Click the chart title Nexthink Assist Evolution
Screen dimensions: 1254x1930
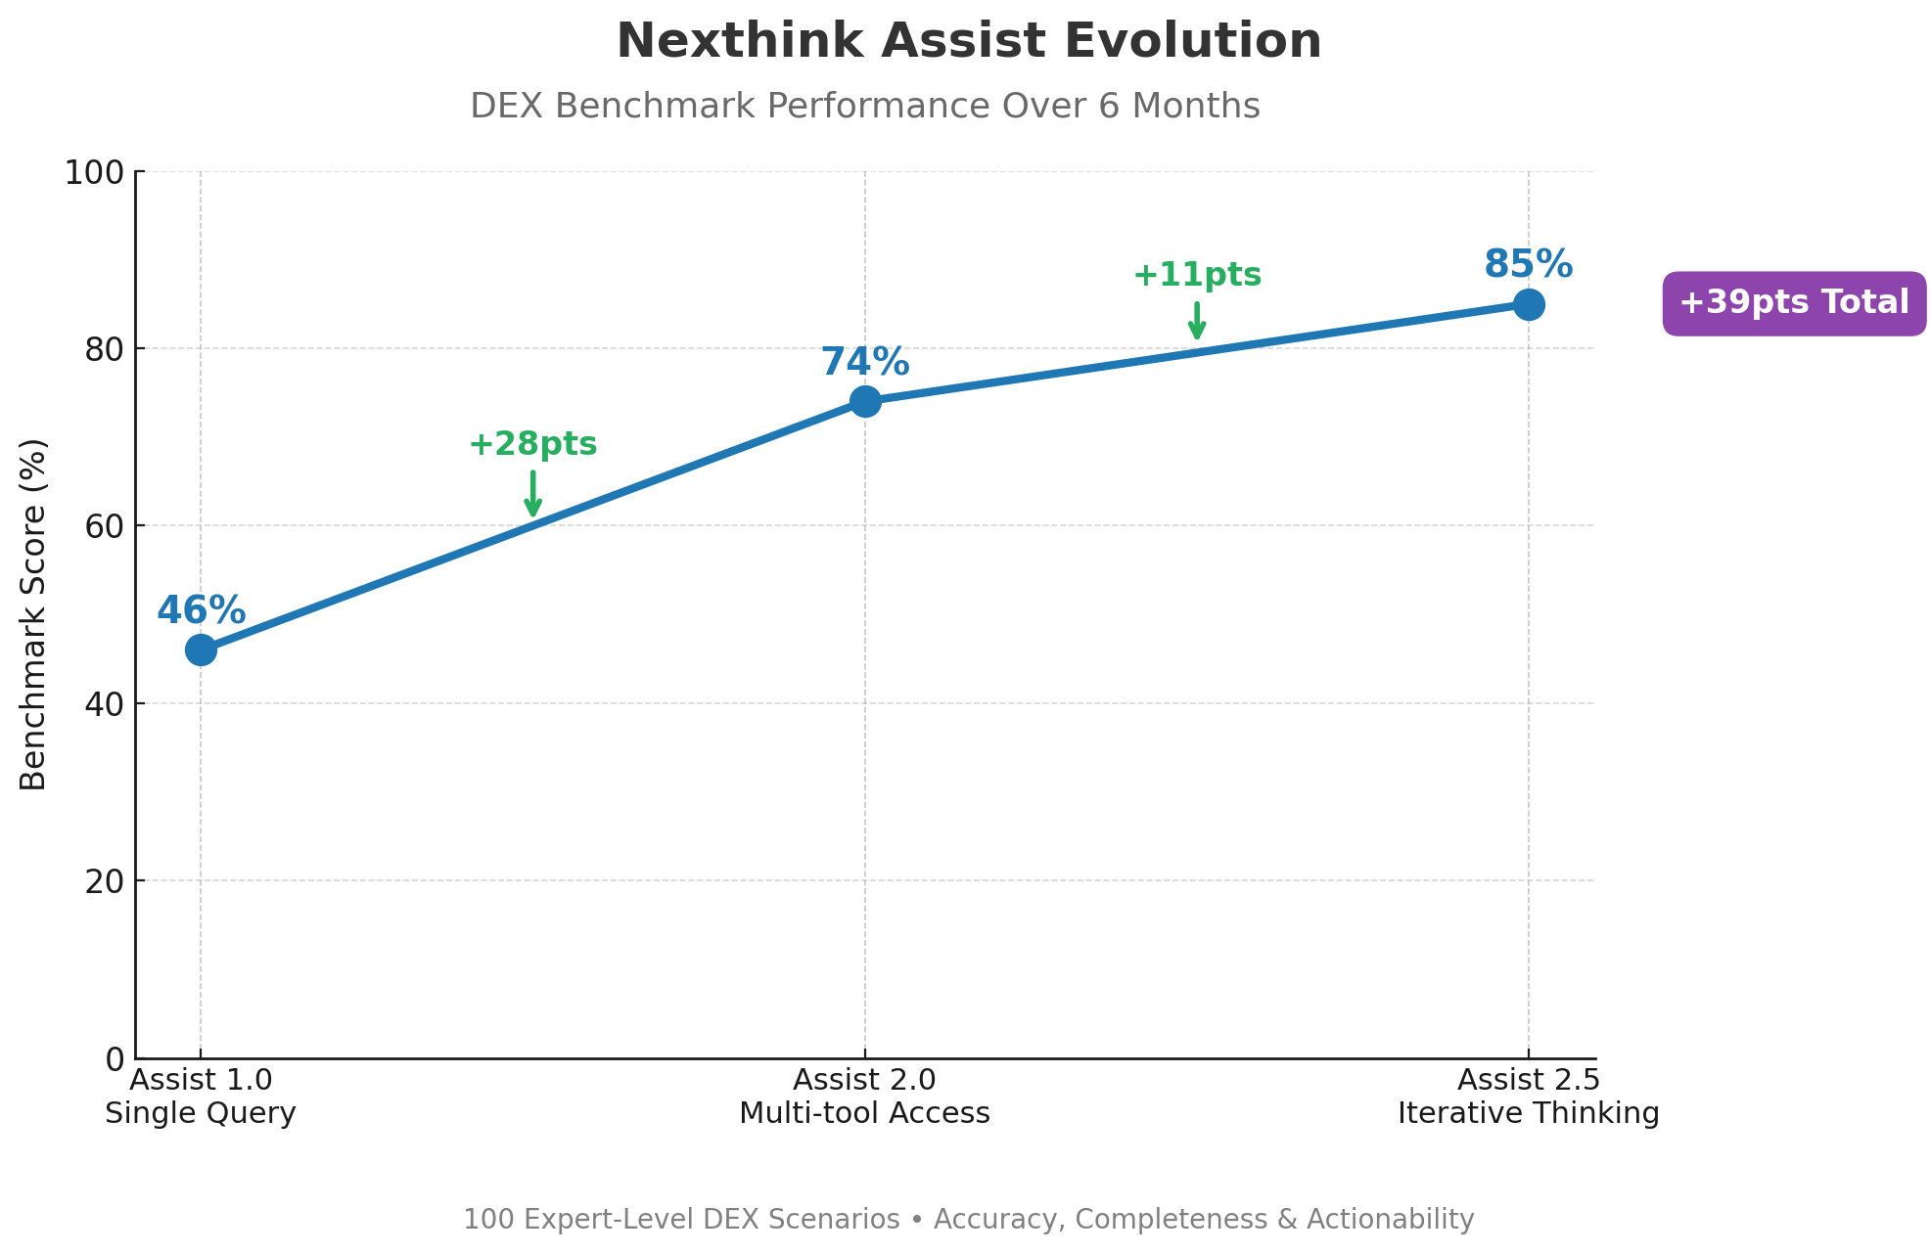[x=968, y=42]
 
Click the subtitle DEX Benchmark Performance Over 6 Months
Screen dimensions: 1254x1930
[x=864, y=106]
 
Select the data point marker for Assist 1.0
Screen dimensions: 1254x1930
[x=201, y=649]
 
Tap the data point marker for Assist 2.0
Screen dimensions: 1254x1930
[x=864, y=401]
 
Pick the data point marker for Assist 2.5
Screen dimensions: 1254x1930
[x=1529, y=304]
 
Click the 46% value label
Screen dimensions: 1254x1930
[x=201, y=611]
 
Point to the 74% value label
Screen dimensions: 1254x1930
[x=864, y=363]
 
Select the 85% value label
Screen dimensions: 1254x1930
[x=1528, y=265]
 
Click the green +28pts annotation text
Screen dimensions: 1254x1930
[x=532, y=444]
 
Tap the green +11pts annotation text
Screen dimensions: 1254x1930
[x=1197, y=276]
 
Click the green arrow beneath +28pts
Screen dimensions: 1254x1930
[x=532, y=493]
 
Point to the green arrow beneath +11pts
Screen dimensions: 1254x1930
[x=1197, y=321]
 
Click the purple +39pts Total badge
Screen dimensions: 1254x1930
[x=1794, y=303]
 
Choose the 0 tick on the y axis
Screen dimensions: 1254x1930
[x=115, y=1058]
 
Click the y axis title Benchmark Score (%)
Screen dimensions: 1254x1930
[x=33, y=614]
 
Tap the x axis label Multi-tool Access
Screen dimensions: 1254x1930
[x=864, y=1113]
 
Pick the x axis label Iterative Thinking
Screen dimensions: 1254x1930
[x=1528, y=1113]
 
